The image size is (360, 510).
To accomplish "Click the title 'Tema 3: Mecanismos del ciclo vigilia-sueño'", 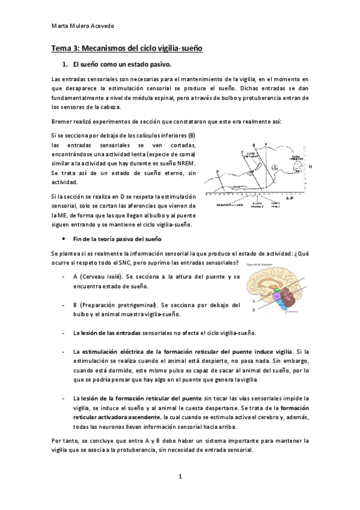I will pyautogui.click(x=126, y=48).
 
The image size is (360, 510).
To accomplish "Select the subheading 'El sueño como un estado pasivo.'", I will pyautogui.click(x=122, y=64).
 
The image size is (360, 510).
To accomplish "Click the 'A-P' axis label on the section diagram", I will pyautogui.click(x=289, y=197).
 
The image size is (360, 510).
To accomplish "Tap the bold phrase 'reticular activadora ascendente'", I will pyautogui.click(x=117, y=417).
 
